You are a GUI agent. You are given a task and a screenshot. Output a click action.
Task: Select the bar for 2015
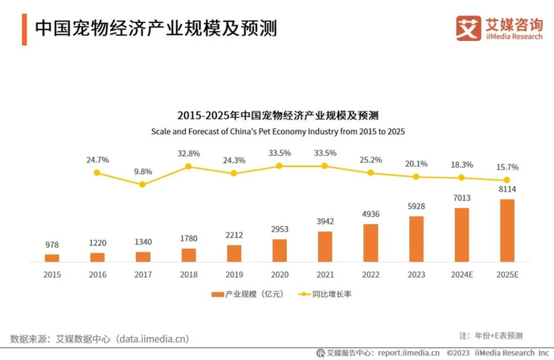(52, 257)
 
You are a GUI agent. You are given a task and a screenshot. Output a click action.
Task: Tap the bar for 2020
(279, 250)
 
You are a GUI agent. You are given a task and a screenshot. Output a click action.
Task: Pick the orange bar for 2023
(416, 238)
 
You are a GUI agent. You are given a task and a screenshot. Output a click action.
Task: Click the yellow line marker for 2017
(142, 184)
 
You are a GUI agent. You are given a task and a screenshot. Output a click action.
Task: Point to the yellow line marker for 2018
(188, 166)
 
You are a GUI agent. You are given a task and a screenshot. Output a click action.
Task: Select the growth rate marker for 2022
(370, 172)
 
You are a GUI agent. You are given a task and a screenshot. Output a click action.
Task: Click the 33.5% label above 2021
(324, 153)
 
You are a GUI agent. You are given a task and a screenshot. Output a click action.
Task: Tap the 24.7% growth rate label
(97, 160)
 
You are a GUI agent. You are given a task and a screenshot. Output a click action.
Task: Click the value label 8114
(507, 190)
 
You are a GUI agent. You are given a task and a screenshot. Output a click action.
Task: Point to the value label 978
(52, 245)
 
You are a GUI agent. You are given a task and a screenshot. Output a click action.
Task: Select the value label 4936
(370, 214)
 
